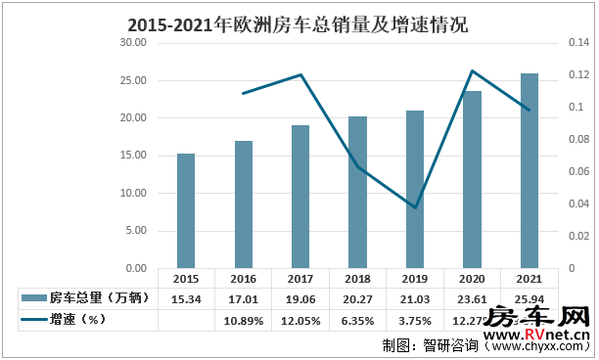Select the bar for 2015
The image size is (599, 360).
(186, 210)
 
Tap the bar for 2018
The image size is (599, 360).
(358, 192)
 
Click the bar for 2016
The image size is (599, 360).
(244, 203)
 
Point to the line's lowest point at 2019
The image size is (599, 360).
(415, 207)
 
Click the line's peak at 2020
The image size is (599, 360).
(473, 70)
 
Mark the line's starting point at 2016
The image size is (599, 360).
(244, 93)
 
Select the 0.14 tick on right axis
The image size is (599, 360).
(577, 43)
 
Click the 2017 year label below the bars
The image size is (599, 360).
(300, 278)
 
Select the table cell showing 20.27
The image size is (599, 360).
(358, 297)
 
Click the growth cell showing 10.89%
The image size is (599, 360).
(244, 318)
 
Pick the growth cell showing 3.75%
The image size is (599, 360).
(415, 318)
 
